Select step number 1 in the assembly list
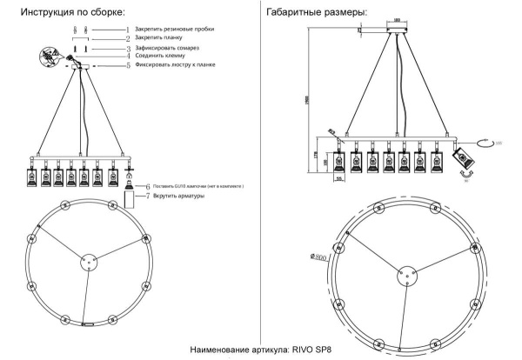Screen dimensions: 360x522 128,30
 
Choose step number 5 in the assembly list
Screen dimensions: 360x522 127,65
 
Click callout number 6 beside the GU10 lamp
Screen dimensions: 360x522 148,186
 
